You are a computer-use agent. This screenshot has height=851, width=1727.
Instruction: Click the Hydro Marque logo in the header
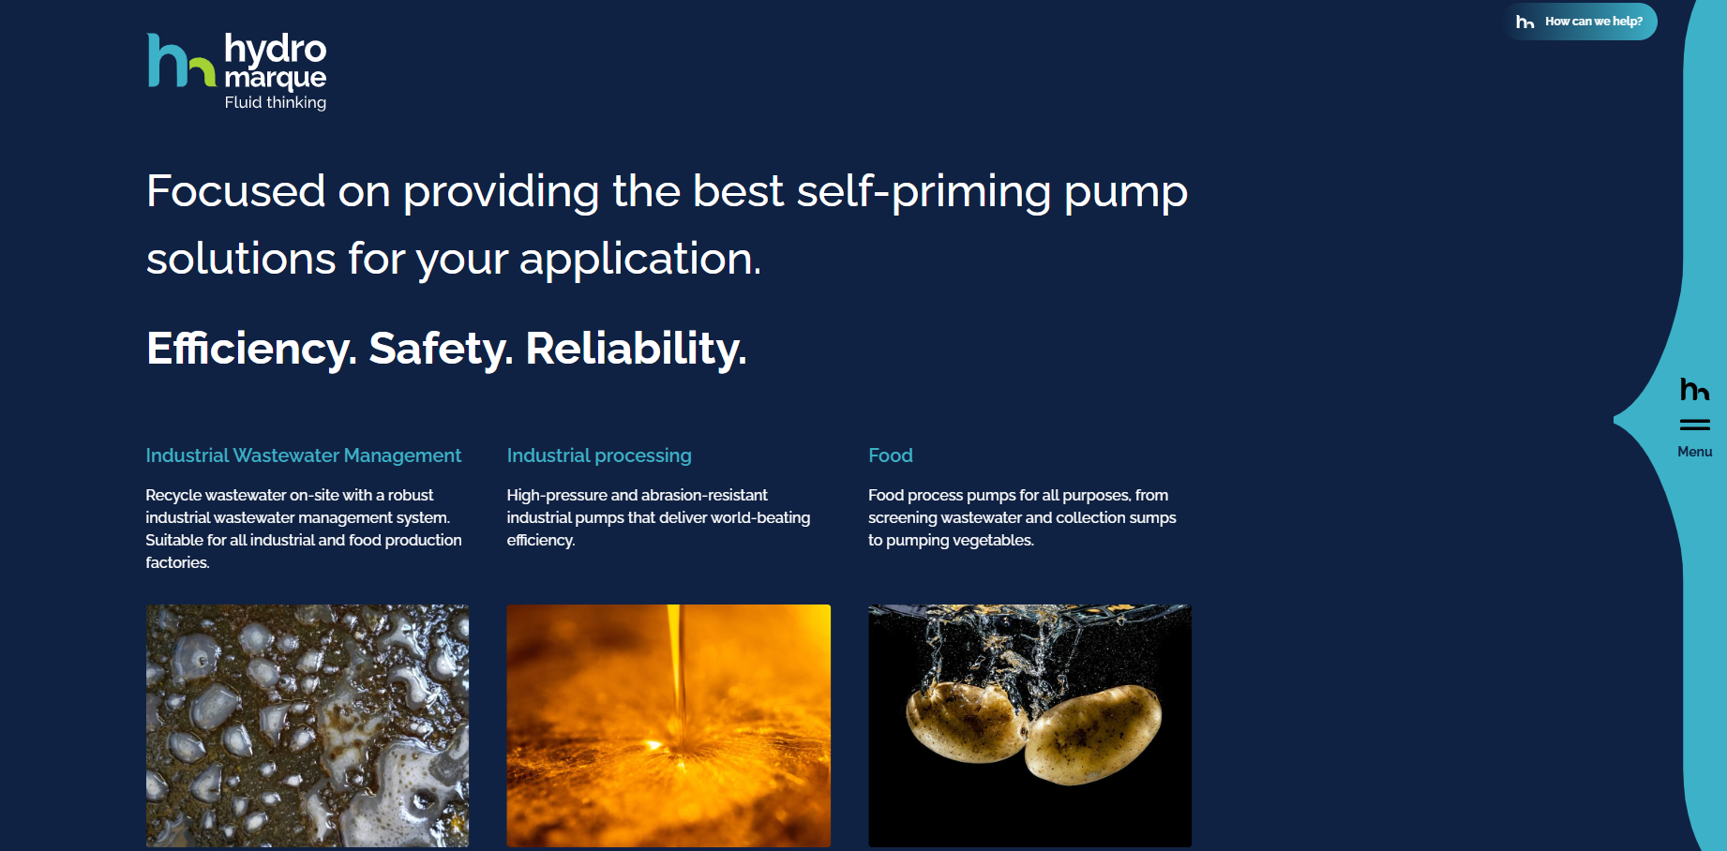237,72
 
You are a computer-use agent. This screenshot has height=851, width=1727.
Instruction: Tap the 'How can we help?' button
1581,22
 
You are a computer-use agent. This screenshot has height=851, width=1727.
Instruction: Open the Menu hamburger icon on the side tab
1694,425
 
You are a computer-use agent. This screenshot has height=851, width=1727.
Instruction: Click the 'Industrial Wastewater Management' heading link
303,455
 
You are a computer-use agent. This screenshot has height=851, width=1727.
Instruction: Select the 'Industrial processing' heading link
599,455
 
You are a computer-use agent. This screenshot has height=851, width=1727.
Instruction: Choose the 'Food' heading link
891,455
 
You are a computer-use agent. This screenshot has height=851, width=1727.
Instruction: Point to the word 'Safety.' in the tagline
441,349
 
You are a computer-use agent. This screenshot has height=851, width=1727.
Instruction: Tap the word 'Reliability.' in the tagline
636,349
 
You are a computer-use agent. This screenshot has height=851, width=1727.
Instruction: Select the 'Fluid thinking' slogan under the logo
276,102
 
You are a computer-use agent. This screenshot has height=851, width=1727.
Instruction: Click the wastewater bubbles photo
308,725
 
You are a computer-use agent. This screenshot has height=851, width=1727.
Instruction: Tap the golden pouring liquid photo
668,725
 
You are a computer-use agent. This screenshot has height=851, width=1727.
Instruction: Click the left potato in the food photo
964,721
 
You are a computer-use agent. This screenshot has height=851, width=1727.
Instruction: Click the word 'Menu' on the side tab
1695,452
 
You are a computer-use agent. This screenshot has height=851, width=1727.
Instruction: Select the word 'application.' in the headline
640,260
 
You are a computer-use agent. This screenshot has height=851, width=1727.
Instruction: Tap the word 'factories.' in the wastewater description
177,562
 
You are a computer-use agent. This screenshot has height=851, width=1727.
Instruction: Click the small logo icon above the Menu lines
1695,389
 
